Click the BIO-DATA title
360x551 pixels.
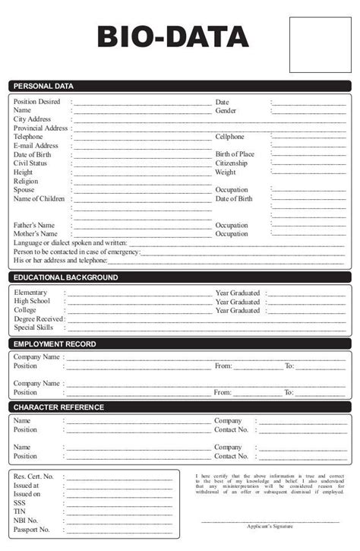[173, 36]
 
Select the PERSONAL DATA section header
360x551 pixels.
[43, 86]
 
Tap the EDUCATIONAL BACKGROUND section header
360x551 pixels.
[66, 277]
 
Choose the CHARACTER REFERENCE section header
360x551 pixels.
[59, 407]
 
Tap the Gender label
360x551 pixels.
[226, 111]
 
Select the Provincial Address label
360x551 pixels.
[41, 128]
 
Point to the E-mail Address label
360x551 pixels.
[36, 146]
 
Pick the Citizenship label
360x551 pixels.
[231, 163]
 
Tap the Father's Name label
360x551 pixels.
[34, 226]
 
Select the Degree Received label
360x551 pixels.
[38, 319]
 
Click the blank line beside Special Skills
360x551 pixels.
[205, 329]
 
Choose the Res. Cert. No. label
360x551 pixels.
[33, 477]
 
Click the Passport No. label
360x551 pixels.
[31, 530]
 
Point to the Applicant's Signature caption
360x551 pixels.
[270, 526]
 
